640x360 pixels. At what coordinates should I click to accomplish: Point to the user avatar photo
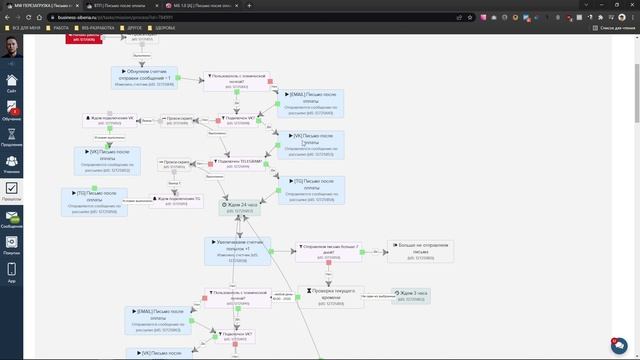click(x=11, y=48)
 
